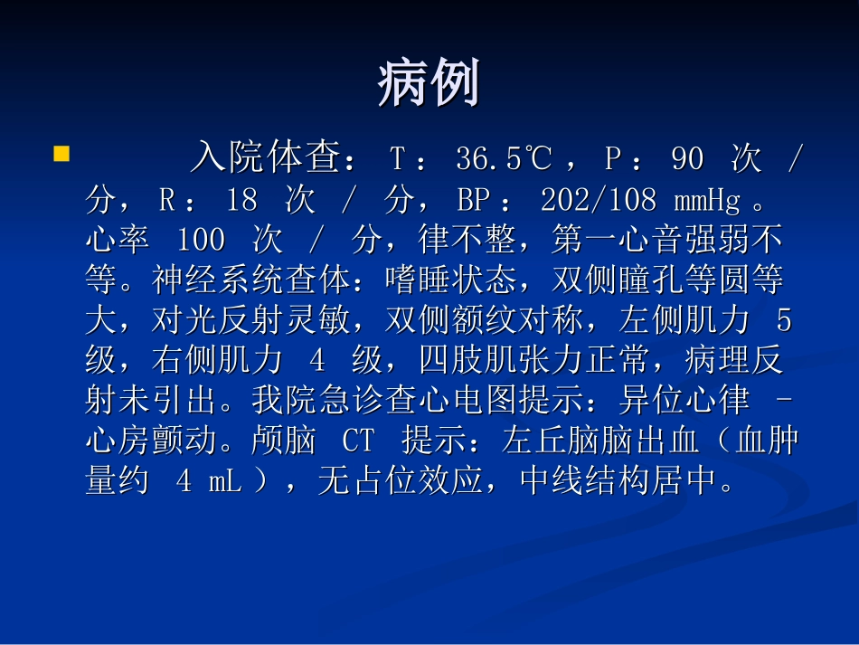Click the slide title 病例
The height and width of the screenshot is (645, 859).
click(x=428, y=85)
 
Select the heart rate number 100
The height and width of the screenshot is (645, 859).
click(x=201, y=241)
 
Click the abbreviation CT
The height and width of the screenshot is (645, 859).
click(x=357, y=441)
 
